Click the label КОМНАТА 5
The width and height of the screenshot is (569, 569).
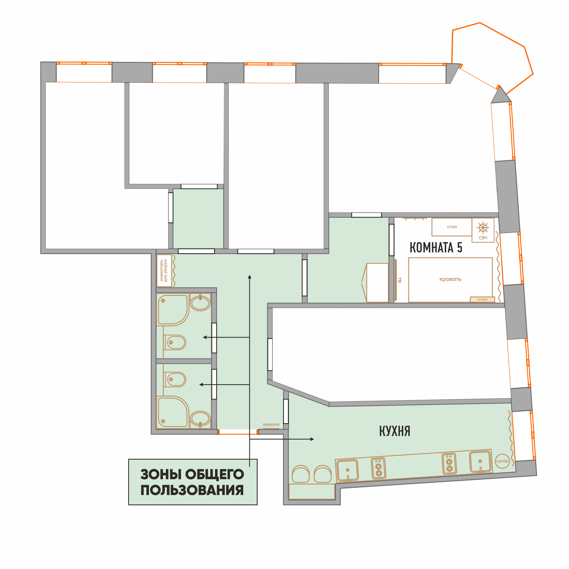click(436, 247)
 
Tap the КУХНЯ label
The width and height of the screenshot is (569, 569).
click(395, 431)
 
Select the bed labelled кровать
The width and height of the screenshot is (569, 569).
click(450, 280)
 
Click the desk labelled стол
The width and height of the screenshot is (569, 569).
click(452, 227)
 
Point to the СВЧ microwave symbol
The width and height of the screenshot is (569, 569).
click(483, 230)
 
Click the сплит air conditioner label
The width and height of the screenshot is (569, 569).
click(482, 299)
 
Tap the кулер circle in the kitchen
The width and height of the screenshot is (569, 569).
click(502, 461)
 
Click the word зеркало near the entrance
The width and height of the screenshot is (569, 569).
click(271, 425)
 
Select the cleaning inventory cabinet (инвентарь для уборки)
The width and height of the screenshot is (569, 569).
click(164, 271)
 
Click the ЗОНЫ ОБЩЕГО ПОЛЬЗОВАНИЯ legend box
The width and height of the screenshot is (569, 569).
click(193, 482)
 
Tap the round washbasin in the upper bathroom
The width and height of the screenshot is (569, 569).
click(200, 303)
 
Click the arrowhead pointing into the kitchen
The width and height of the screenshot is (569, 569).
click(312, 439)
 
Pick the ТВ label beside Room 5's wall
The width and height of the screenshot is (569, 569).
click(399, 280)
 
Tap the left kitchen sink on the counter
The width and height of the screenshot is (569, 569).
click(347, 470)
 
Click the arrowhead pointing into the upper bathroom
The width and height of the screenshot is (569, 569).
click(205, 337)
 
